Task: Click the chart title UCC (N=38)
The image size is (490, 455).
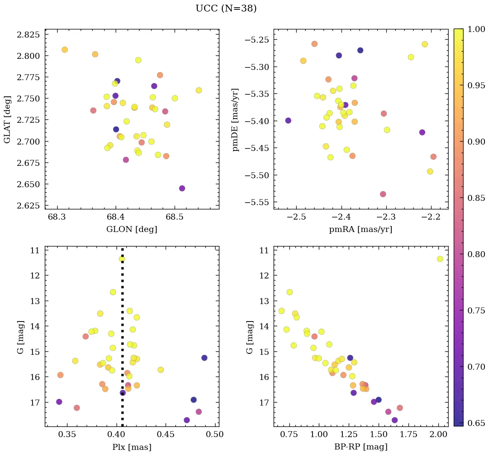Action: click(x=226, y=9)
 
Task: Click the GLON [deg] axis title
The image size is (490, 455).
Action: click(x=131, y=229)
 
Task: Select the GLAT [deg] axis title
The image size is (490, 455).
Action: click(x=7, y=119)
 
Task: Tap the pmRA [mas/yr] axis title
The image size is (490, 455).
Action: click(x=360, y=229)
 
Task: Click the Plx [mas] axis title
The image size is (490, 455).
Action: click(x=131, y=447)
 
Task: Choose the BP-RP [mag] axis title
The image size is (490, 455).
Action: click(x=360, y=447)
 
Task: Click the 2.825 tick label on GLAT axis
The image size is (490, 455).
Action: click(x=28, y=35)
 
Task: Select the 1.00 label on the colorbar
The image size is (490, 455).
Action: click(x=477, y=29)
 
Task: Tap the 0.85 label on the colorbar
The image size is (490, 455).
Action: click(x=477, y=198)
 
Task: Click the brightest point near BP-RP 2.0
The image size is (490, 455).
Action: click(x=440, y=259)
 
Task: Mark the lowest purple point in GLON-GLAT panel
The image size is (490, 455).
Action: click(x=182, y=188)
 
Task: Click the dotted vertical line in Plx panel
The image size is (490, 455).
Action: click(x=122, y=341)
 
